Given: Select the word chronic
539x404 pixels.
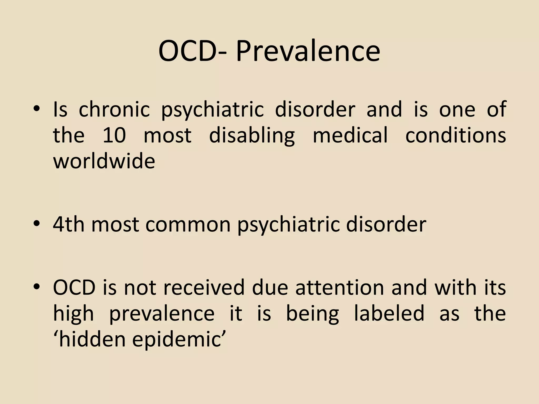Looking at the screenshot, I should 114,109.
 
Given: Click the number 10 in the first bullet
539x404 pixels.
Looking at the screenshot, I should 114,135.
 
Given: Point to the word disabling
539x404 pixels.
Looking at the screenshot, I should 252,135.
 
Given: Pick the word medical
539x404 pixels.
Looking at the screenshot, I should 350,135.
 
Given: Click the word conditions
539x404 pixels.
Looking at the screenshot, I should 455,135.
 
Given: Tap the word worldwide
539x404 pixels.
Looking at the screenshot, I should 104,161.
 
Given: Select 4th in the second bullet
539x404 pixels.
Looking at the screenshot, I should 69,225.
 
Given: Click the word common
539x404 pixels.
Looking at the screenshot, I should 188,225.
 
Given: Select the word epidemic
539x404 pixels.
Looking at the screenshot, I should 178,339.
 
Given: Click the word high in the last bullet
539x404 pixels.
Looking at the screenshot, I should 73,313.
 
